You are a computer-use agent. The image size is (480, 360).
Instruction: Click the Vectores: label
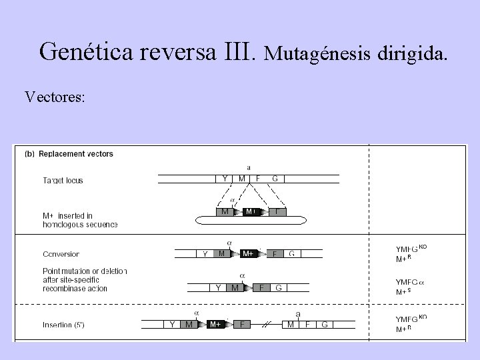point(55,97)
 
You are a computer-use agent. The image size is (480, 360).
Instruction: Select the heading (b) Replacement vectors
point(69,153)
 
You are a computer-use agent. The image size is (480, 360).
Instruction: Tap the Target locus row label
point(63,180)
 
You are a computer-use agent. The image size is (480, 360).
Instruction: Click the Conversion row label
point(61,254)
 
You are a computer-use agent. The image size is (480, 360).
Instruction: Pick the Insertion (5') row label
point(65,325)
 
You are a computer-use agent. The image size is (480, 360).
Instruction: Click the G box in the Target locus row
point(275,178)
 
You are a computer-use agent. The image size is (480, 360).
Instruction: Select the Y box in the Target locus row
point(225,178)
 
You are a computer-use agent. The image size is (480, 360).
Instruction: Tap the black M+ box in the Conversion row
point(248,253)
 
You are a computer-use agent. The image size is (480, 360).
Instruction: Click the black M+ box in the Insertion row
point(215,325)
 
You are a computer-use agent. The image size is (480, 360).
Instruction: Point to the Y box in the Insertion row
point(172,325)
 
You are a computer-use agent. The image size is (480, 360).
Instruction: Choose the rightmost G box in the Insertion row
point(324,325)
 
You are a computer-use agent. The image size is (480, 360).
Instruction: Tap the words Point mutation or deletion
point(84,271)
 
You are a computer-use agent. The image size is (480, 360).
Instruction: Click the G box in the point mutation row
point(279,288)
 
